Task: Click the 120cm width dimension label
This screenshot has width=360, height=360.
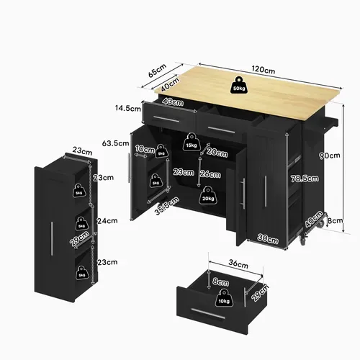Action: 264,71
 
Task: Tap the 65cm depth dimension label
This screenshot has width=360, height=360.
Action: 158,73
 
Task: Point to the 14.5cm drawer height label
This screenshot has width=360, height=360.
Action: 126,109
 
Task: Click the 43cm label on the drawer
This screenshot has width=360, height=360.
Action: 171,102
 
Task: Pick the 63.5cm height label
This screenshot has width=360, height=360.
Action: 115,143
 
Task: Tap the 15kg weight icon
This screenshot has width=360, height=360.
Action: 191,145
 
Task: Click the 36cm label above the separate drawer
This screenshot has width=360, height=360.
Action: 227,264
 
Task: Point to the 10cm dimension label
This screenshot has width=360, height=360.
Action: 145,150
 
